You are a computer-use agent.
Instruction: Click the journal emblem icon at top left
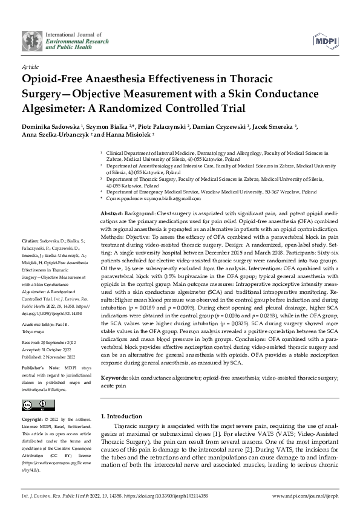click(x=28, y=41)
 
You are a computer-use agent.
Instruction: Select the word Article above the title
click(x=30, y=66)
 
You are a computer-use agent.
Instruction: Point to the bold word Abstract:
click(x=111, y=215)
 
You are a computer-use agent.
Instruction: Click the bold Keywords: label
click(x=114, y=377)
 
